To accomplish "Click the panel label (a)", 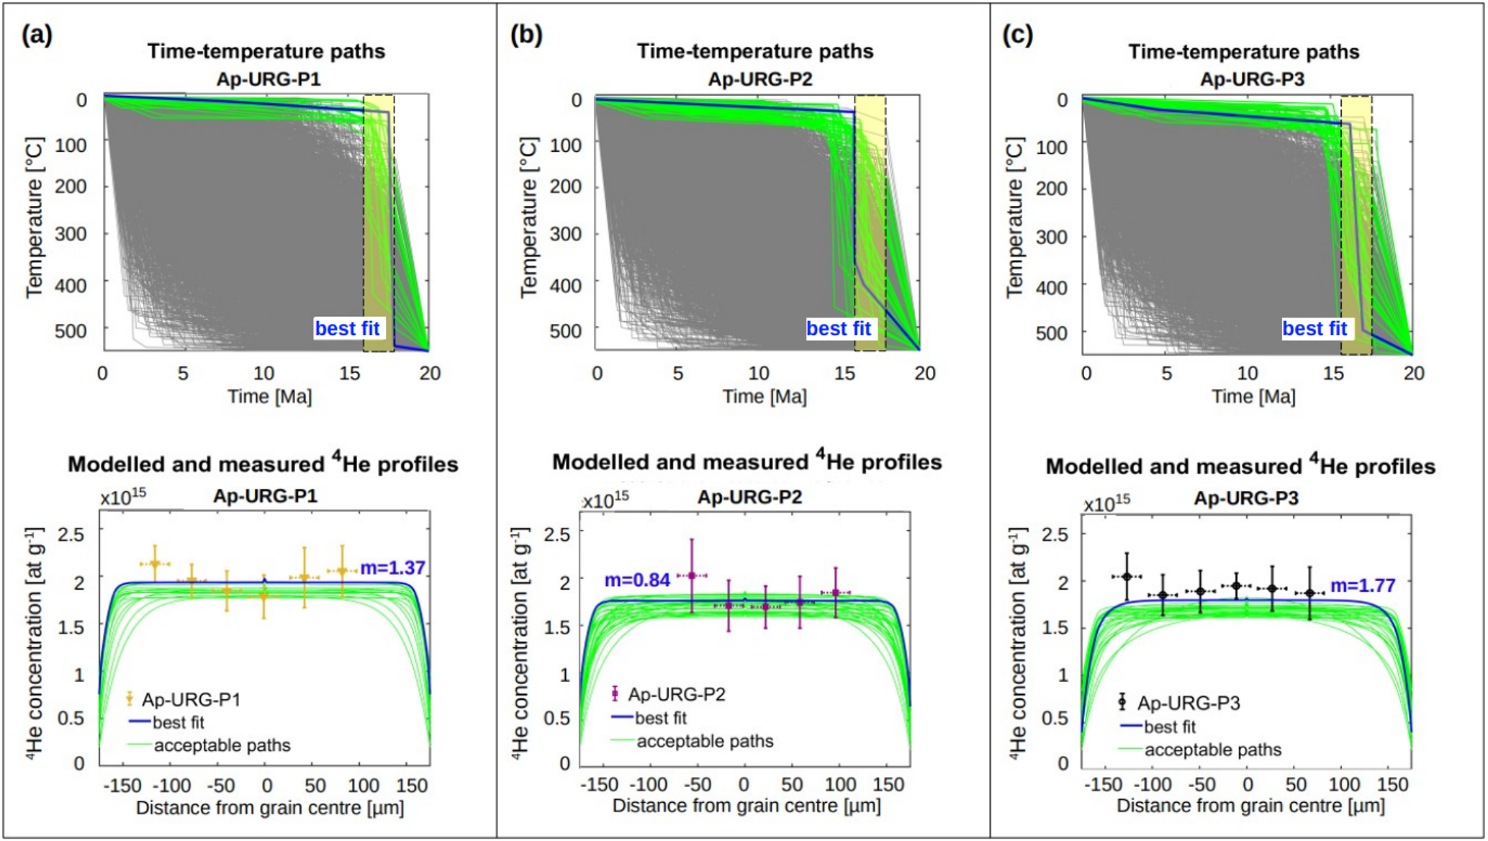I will [x=37, y=35].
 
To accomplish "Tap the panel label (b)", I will [x=526, y=35].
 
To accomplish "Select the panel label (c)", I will [x=1017, y=35].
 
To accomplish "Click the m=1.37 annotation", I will [x=392, y=568].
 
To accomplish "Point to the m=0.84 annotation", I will [x=637, y=580].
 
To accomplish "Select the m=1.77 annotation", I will [x=1363, y=585].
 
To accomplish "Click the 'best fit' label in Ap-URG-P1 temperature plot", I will [x=347, y=328].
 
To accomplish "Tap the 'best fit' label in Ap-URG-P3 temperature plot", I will [x=1315, y=328].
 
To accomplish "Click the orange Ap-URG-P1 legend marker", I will [x=130, y=698].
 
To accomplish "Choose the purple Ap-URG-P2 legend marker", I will [x=615, y=693].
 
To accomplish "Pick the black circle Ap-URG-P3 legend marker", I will [x=1122, y=701].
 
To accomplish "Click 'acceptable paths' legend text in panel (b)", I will [x=705, y=741].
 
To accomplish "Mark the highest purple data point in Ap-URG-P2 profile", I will [x=692, y=575].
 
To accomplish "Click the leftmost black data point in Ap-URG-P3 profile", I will [x=1127, y=577].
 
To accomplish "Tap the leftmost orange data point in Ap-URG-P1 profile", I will [x=155, y=564].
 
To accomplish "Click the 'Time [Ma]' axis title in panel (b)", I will [x=765, y=396].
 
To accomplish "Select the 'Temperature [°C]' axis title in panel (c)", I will [x=1015, y=218].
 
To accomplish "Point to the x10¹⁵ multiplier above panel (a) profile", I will [x=123, y=496].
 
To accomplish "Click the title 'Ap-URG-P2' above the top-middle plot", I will [x=760, y=79].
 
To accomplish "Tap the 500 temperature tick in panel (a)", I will [x=91, y=330].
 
